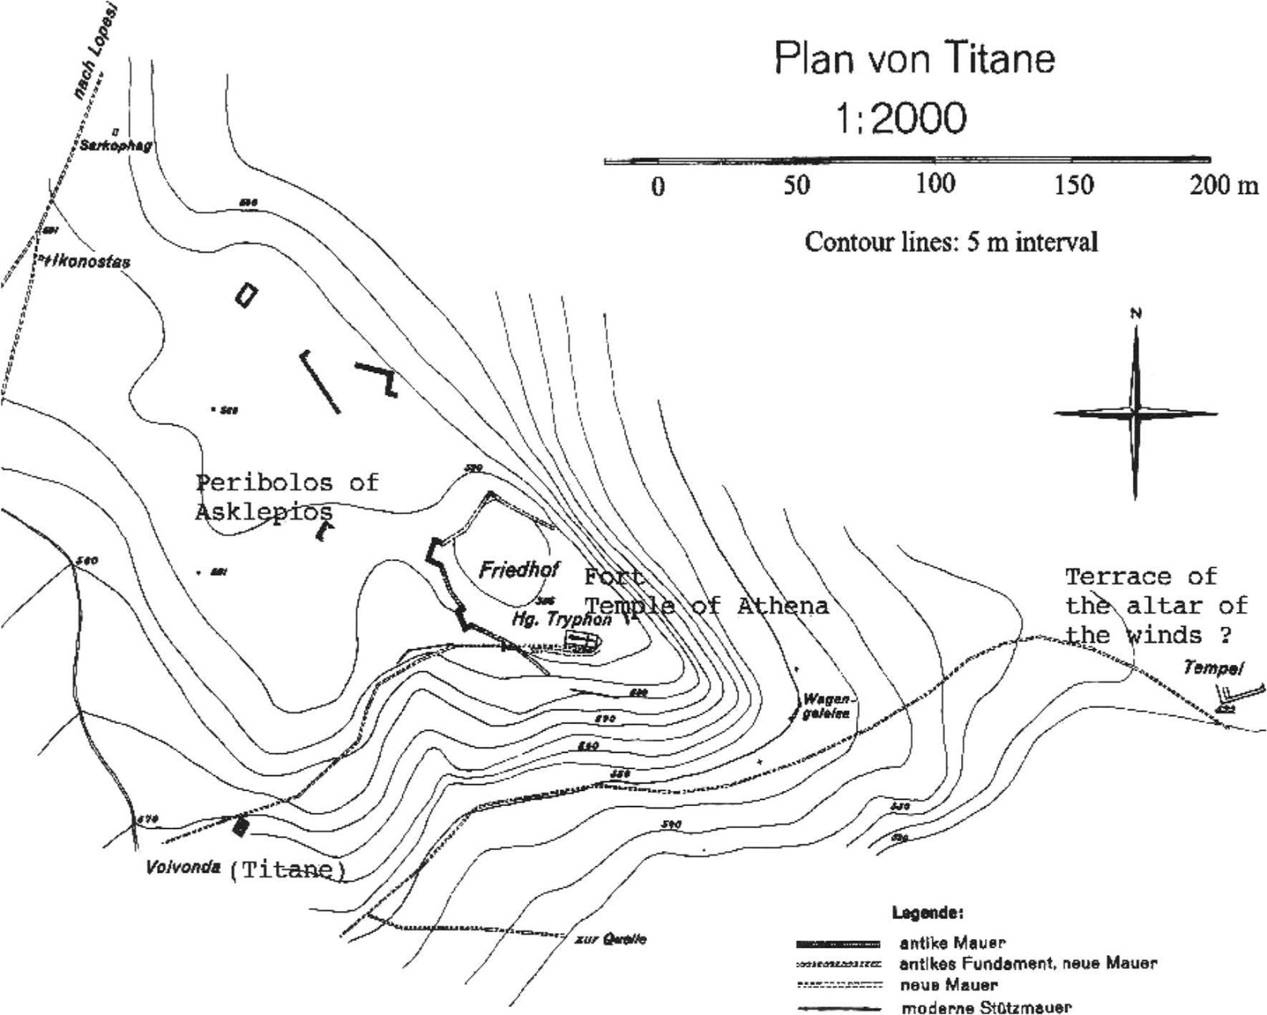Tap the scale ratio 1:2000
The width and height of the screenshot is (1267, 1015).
[900, 119]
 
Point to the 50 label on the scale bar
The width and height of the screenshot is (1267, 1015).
[797, 185]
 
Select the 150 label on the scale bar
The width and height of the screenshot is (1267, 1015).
[1074, 185]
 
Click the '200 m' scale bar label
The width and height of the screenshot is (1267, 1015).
[1223, 185]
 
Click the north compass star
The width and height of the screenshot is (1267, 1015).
[1136, 412]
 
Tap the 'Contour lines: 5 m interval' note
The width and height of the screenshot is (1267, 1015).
[951, 241]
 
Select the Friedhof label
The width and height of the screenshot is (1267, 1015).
[519, 569]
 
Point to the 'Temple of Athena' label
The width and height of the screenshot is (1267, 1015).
[706, 606]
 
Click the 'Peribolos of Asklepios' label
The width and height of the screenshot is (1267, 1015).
[287, 497]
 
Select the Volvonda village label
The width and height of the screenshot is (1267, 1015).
[183, 867]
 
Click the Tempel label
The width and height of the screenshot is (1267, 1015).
[1212, 667]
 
